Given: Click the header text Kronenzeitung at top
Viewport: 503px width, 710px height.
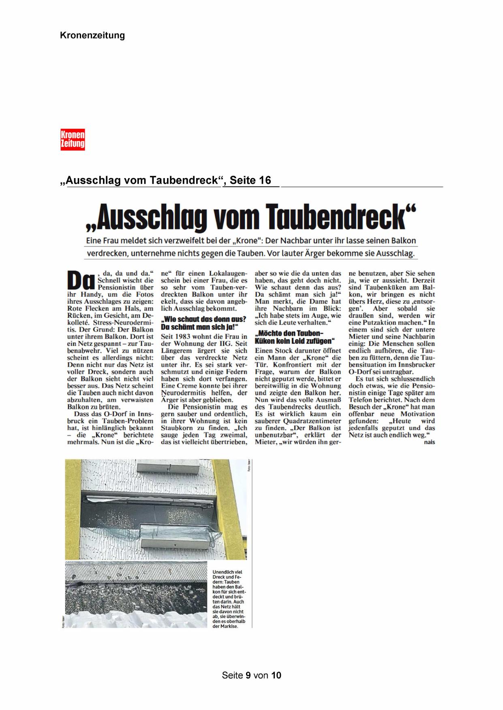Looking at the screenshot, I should click(92, 36).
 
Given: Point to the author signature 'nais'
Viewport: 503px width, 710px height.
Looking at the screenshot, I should click(429, 442).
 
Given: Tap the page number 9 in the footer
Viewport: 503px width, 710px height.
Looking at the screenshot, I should click(248, 675).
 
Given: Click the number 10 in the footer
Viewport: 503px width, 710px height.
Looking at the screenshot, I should click(276, 675).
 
